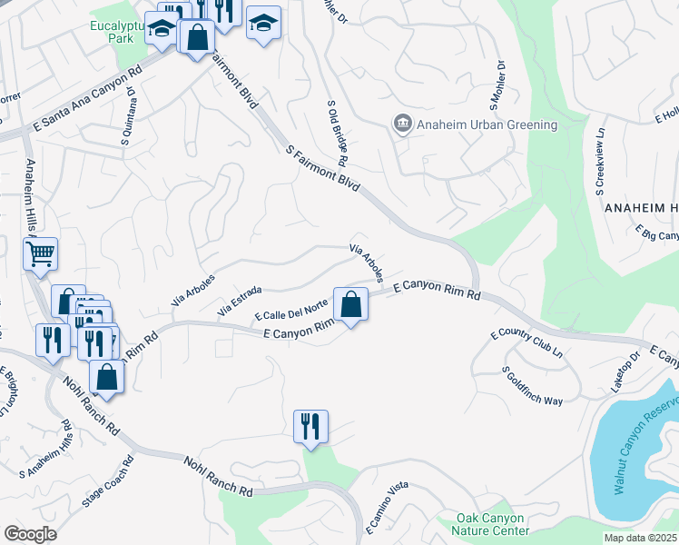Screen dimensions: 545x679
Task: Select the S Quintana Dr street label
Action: (125, 116)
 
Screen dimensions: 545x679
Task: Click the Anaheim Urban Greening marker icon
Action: (401, 124)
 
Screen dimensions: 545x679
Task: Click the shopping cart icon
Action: (41, 254)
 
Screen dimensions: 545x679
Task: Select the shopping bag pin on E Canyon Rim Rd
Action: (350, 303)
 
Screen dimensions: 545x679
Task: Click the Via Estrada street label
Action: (240, 302)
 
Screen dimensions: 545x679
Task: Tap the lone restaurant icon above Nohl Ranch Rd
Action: (310, 426)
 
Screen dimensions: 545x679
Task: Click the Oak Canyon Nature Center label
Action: (492, 524)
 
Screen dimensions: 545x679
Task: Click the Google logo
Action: (30, 534)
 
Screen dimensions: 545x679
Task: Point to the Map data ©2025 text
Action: (639, 538)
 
